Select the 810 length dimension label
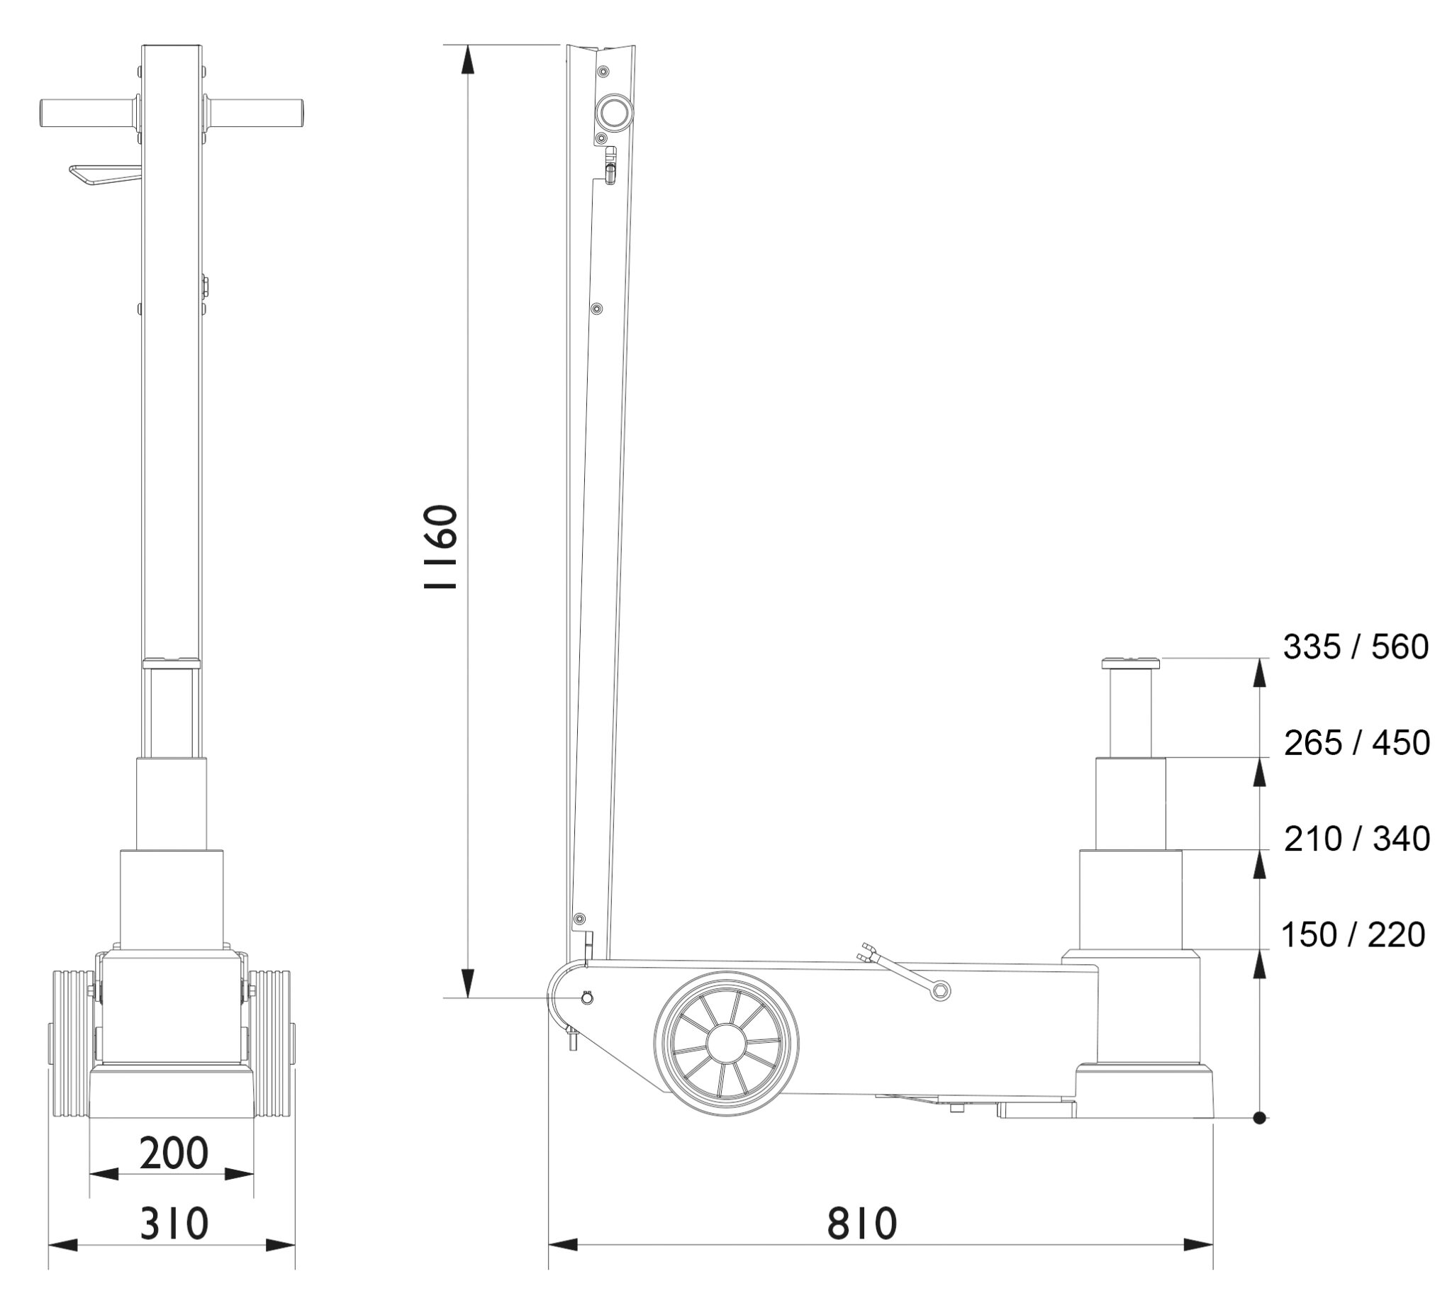point(862,1222)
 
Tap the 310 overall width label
point(174,1222)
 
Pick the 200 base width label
point(173,1152)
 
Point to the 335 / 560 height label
point(1356,647)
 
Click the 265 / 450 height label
point(1357,742)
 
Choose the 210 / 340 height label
point(1357,838)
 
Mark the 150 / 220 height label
point(1353,934)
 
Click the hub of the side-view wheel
point(725,1043)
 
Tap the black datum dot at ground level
point(1258,1118)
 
